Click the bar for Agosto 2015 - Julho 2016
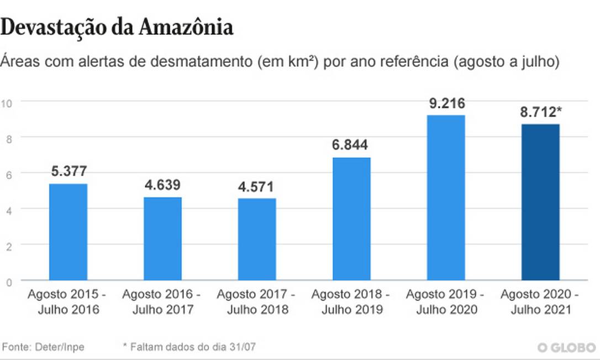click(x=69, y=232)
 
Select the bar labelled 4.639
click(x=162, y=239)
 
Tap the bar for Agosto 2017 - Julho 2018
click(x=257, y=239)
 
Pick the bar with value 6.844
click(x=351, y=219)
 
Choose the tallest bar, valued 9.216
click(x=446, y=198)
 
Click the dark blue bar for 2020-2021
click(x=540, y=202)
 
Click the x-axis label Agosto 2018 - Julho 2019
click(x=351, y=301)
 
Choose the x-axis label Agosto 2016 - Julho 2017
click(x=162, y=301)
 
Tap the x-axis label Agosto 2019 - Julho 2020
click(x=445, y=301)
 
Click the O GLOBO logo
click(x=566, y=347)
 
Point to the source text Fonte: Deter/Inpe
click(x=44, y=347)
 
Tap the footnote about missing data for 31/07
click(x=190, y=347)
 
